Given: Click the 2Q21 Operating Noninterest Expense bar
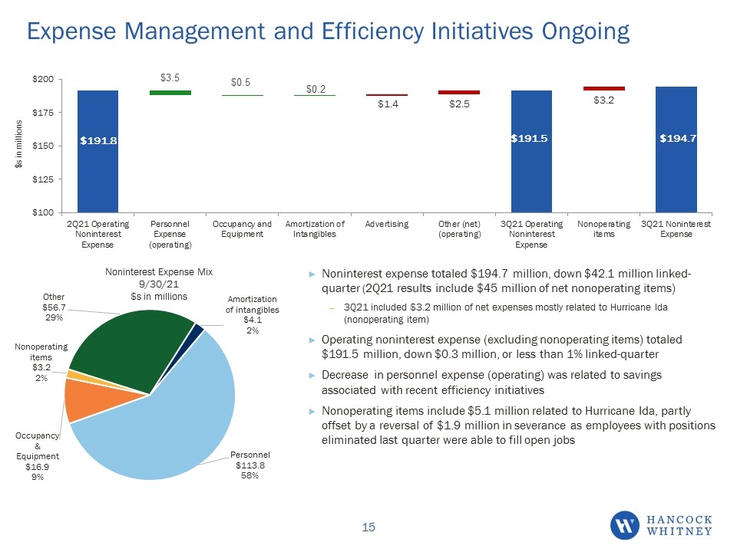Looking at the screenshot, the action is [x=97, y=151].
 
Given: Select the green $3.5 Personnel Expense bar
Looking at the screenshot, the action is [x=170, y=93].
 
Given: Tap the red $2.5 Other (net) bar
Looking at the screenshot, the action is [x=459, y=93].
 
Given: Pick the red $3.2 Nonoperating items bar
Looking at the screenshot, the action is [x=604, y=88].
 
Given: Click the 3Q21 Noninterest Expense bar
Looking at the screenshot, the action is [x=676, y=149].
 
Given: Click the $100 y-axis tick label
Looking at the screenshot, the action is [x=43, y=212].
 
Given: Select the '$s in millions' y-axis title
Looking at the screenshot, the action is [x=18, y=144].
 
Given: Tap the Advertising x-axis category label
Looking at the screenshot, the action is [x=387, y=225].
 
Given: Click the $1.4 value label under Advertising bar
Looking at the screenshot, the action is [x=388, y=103].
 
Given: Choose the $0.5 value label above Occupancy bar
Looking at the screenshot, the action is [x=240, y=82].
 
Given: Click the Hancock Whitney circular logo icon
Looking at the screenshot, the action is [x=625, y=525].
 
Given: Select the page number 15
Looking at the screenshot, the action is [x=368, y=527].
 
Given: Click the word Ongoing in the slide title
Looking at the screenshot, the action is [x=586, y=32].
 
